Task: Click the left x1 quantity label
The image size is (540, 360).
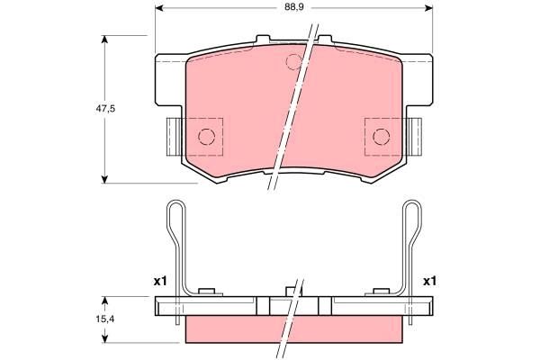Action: (161, 281)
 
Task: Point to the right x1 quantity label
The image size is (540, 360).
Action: (430, 281)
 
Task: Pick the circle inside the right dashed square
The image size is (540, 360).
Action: (381, 136)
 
